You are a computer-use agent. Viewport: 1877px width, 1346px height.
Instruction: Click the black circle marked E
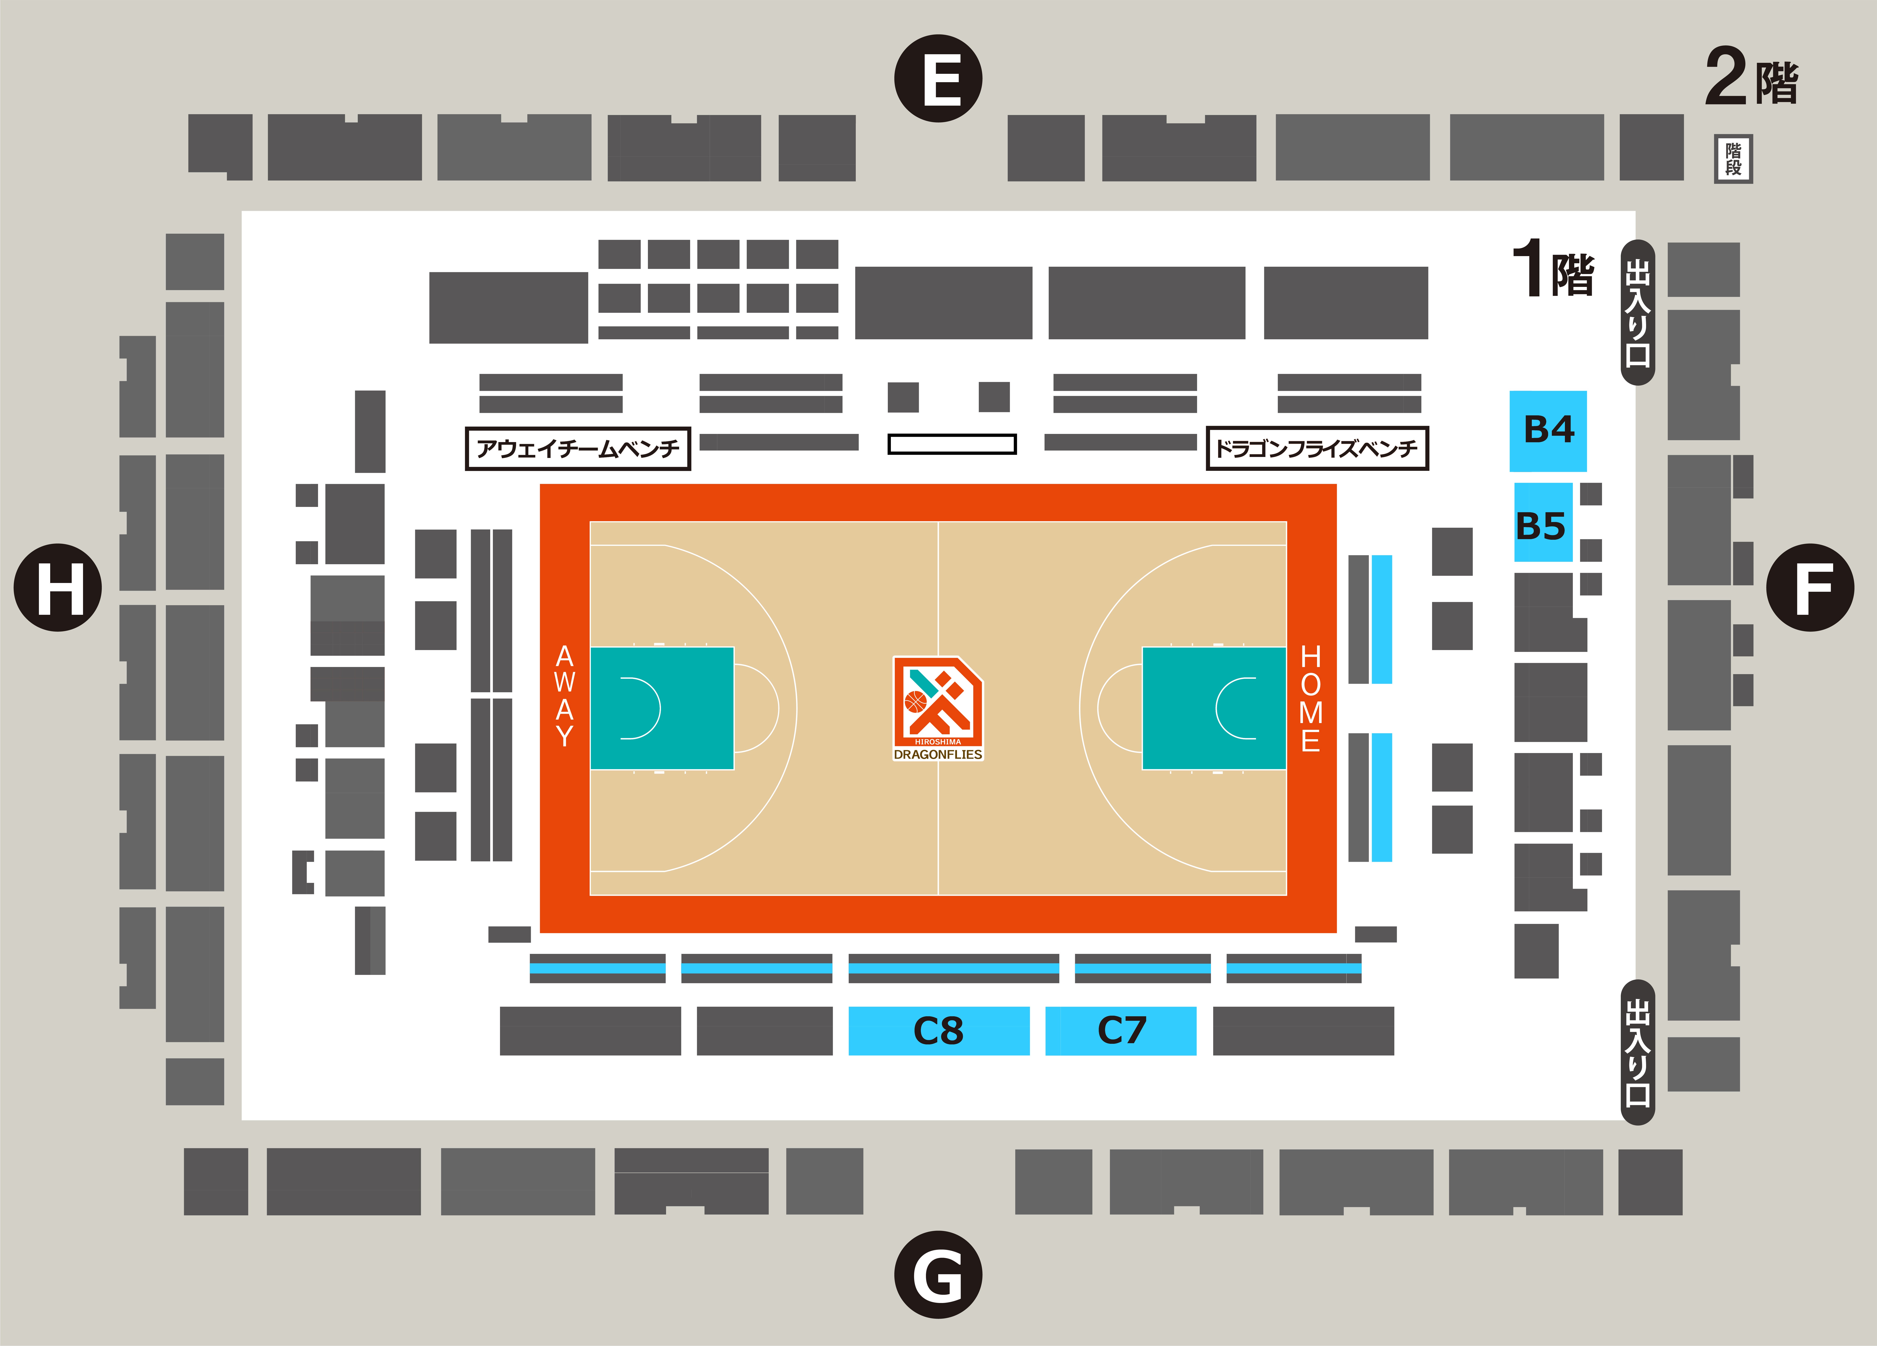(x=938, y=79)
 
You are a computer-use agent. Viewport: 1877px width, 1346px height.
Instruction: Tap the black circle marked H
(x=58, y=587)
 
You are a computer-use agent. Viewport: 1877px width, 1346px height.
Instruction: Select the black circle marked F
(x=1810, y=587)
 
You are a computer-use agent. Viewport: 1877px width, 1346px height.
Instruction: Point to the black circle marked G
(x=938, y=1274)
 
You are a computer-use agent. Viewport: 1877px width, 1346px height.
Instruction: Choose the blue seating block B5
(x=1543, y=522)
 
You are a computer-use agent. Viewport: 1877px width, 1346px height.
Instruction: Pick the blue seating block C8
(x=938, y=1031)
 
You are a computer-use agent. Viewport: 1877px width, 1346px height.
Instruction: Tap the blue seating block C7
(x=1121, y=1031)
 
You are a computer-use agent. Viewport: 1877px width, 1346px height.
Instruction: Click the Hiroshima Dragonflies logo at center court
(x=938, y=708)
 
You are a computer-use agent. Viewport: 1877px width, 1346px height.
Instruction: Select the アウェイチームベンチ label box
(x=578, y=448)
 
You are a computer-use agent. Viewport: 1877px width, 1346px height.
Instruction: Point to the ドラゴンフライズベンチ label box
(x=1317, y=448)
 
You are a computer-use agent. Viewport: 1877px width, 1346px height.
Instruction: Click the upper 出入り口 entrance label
(x=1637, y=313)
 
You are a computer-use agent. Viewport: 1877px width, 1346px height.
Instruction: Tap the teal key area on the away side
(x=661, y=708)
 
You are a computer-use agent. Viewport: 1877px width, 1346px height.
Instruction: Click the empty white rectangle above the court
(x=952, y=444)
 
